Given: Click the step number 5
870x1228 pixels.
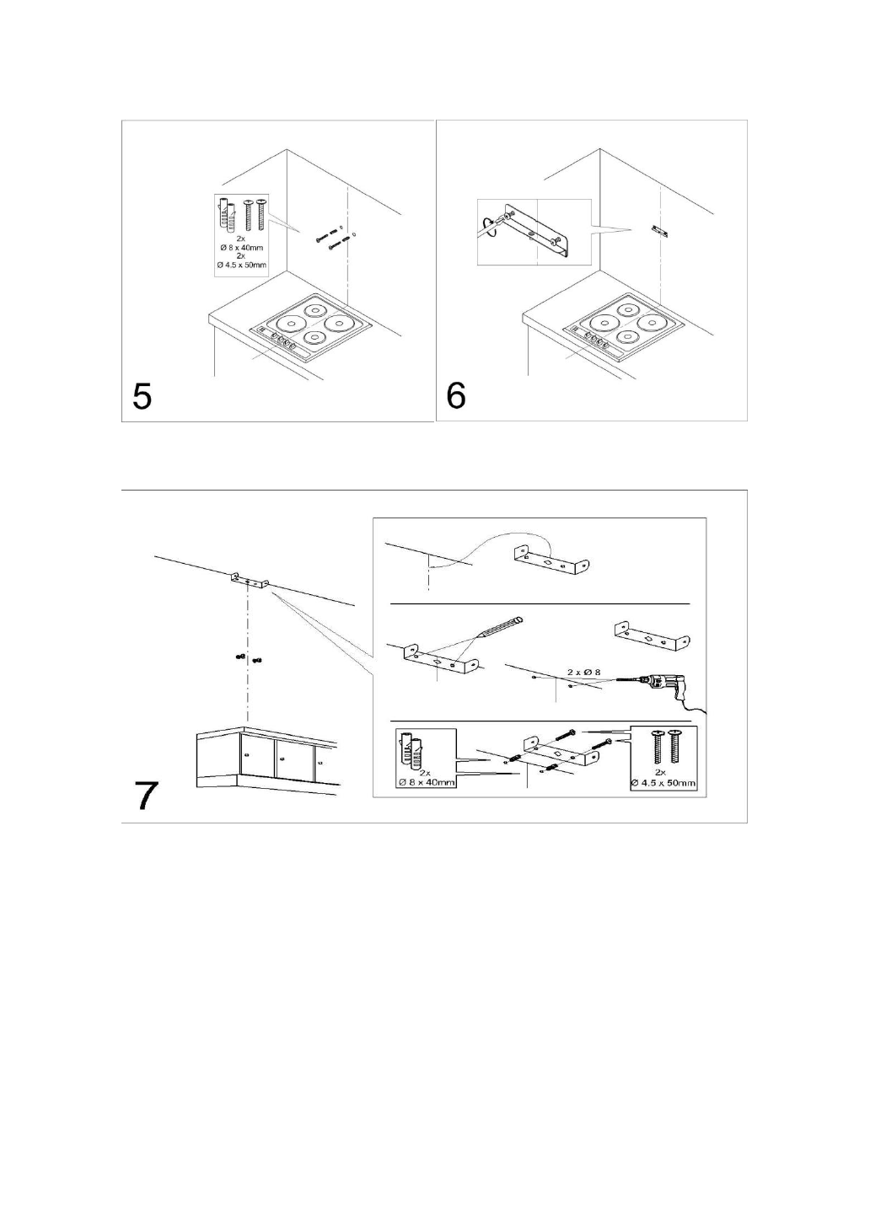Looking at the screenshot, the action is coord(142,395).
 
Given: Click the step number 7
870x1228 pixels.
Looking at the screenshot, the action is coord(147,796).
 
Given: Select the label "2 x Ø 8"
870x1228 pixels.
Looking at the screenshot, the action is coord(583,672).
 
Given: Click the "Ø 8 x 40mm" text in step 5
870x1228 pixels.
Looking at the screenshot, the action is coord(241,247).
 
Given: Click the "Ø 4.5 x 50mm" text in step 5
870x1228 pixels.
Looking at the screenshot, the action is coord(240,265).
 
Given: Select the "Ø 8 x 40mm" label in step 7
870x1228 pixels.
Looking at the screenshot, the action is coord(426,782).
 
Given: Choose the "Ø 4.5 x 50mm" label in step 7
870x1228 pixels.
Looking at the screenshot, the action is coord(663,783).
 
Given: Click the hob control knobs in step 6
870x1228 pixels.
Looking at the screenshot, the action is coord(593,340).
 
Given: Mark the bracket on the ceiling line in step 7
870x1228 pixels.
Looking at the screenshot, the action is coord(250,581).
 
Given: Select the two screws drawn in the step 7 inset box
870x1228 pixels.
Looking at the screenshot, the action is coord(663,748).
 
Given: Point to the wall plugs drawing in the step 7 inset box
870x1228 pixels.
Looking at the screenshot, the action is coord(415,752).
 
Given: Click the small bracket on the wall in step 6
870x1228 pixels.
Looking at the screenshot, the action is coord(660,229).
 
